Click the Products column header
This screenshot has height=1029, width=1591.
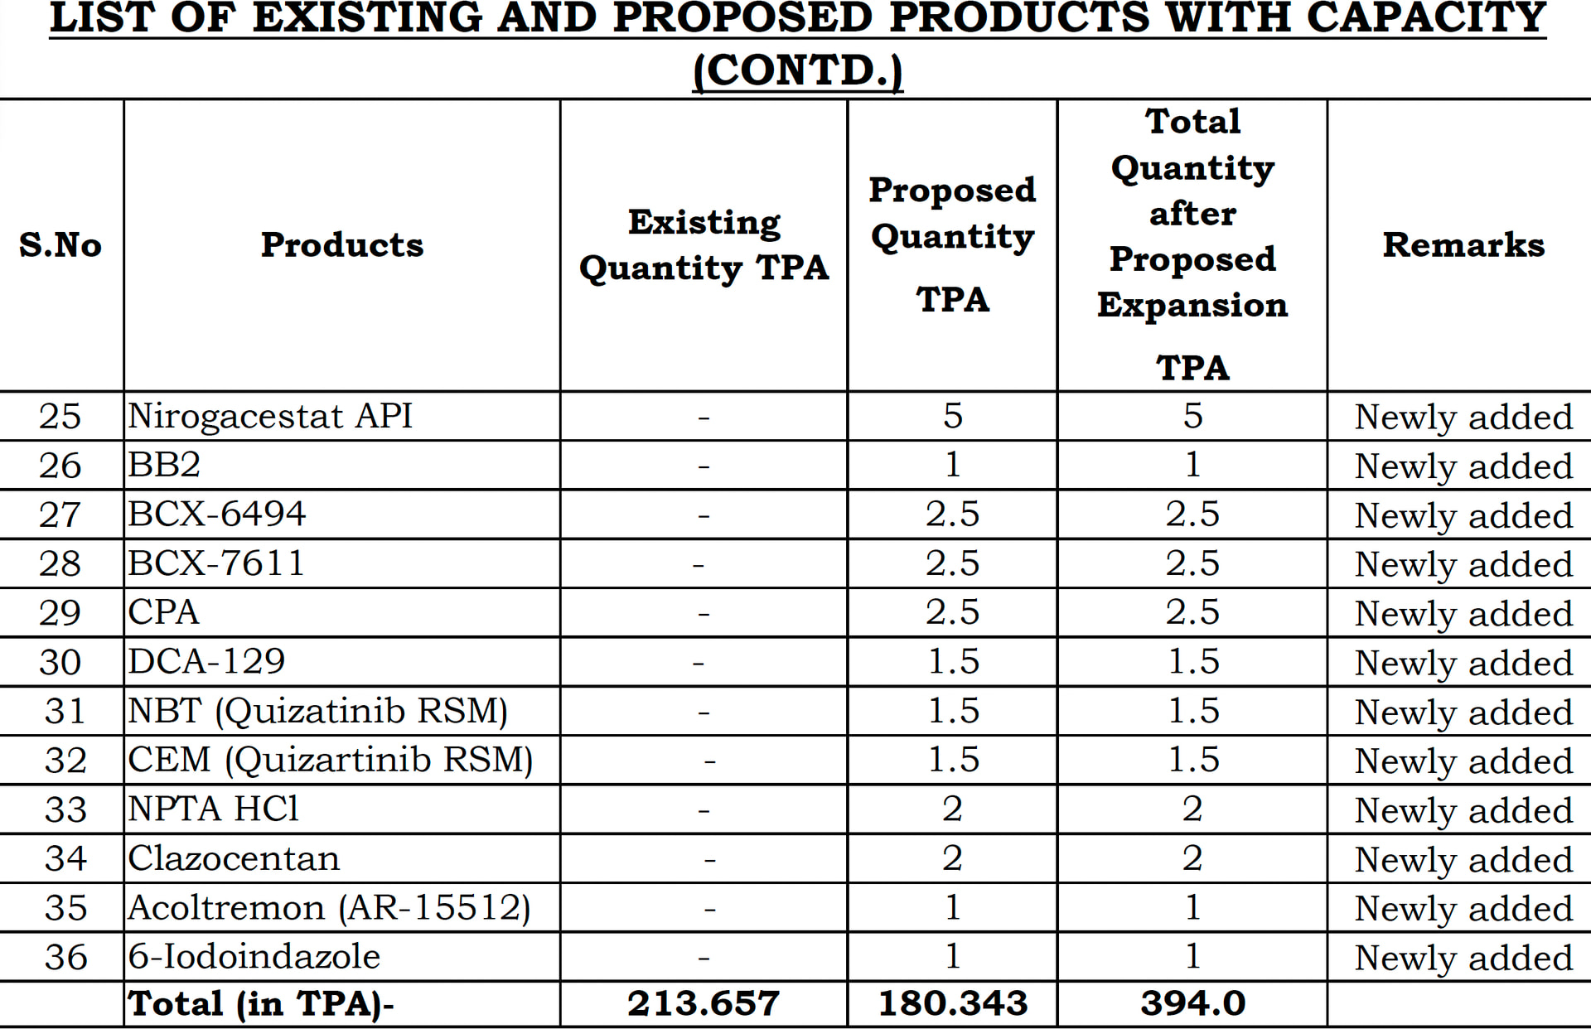tap(341, 244)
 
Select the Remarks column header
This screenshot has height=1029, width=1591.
tap(1463, 244)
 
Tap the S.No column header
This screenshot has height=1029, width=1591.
tap(60, 244)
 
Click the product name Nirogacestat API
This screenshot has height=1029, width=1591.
tap(269, 416)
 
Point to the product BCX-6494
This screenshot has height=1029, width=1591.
tap(216, 514)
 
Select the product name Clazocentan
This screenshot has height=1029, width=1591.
tap(234, 858)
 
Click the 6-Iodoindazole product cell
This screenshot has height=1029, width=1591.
tap(254, 957)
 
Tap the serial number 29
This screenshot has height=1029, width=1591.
tap(60, 613)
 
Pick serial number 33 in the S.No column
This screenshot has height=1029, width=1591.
tap(65, 809)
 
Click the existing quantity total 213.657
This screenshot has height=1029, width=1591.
tap(703, 1003)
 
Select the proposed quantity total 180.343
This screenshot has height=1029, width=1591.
tap(952, 1003)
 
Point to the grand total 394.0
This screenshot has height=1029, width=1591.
tap(1192, 1003)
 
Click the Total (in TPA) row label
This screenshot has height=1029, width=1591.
tap(260, 1003)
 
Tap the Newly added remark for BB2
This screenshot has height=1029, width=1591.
tap(1463, 466)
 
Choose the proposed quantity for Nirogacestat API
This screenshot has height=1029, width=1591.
tap(952, 416)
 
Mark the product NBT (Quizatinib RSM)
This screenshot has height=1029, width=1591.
tap(317, 711)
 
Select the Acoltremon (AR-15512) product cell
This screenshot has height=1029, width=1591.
tap(329, 908)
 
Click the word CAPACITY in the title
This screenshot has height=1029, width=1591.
tap(1426, 18)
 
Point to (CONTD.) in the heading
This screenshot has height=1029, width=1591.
tap(797, 70)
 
